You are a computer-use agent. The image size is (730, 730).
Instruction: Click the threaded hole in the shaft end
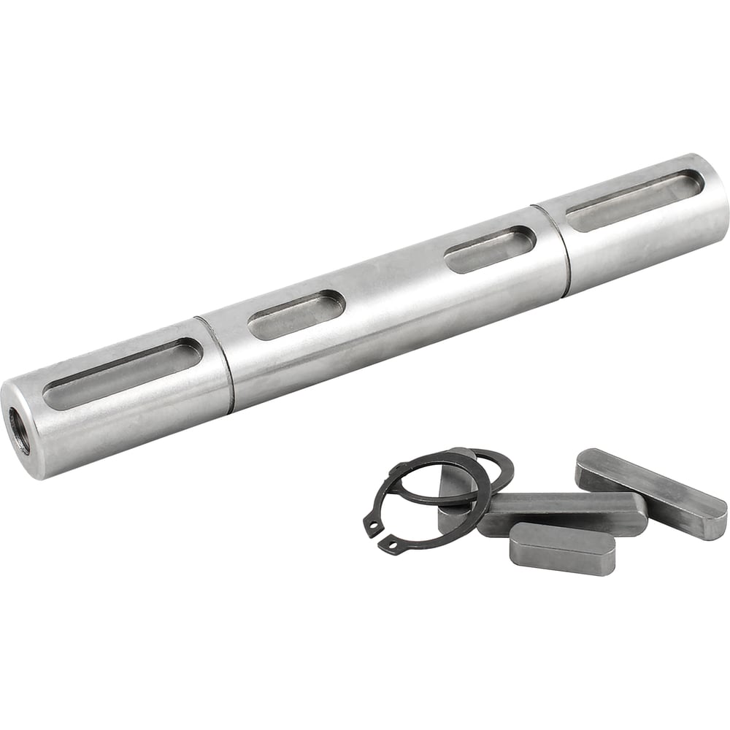[x=19, y=431]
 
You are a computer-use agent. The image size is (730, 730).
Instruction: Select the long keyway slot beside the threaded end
[x=122, y=373]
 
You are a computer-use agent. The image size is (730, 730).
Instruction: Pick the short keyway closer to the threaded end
[x=296, y=315]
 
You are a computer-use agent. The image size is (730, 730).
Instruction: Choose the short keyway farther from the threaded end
[x=491, y=249]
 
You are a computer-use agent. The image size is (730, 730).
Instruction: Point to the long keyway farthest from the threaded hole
[x=634, y=200]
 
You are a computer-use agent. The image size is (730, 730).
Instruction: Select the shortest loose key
[x=562, y=547]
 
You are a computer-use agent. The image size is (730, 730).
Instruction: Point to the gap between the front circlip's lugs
[x=383, y=536]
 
